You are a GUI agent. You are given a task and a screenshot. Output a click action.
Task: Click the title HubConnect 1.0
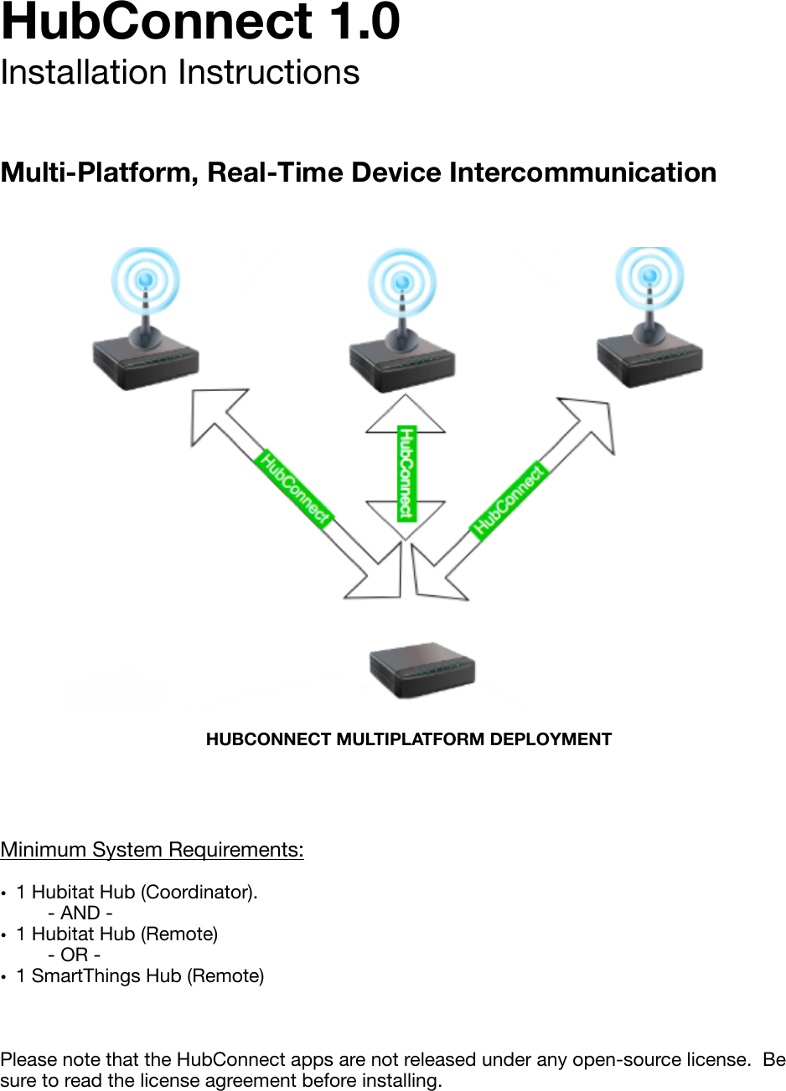coord(200,22)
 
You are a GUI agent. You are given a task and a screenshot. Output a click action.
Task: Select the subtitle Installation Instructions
coord(180,73)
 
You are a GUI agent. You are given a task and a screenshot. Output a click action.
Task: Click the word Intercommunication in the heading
coord(582,172)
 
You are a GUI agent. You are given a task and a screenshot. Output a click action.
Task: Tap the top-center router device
coord(402,365)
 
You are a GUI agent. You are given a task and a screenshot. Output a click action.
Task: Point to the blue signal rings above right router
coord(649,277)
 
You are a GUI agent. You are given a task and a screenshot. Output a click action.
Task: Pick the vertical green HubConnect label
coord(406,472)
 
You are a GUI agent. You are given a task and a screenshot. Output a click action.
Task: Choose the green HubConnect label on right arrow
coord(509,499)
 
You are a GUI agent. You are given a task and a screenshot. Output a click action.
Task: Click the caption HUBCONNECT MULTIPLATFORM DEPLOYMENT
coord(409,739)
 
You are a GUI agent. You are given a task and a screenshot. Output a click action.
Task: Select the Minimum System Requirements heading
coord(152,850)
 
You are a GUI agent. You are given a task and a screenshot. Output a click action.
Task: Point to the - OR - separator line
coord(75,955)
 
